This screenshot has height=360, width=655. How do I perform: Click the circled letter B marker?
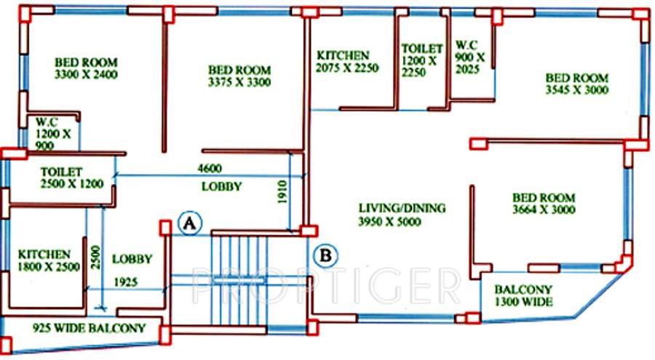click(x=327, y=255)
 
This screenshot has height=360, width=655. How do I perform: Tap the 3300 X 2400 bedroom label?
click(x=86, y=68)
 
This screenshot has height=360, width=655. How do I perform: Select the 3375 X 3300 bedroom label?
click(x=238, y=76)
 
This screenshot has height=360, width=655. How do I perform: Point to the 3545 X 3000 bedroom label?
click(x=577, y=84)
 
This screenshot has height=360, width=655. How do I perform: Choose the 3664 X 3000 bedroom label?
click(x=544, y=204)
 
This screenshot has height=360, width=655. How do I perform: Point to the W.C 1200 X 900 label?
click(x=52, y=132)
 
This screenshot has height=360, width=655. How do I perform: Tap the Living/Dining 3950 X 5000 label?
click(x=401, y=215)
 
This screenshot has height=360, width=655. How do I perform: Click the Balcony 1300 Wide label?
click(x=524, y=295)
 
